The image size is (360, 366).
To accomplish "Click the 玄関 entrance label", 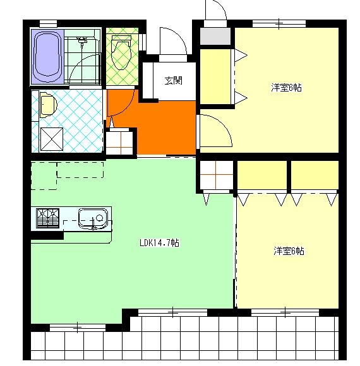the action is pyautogui.click(x=173, y=81).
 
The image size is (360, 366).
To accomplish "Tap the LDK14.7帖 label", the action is pyautogui.click(x=160, y=243).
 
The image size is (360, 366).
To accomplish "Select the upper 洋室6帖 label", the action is pyautogui.click(x=286, y=88).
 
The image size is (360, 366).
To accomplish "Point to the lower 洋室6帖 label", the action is pyautogui.click(x=289, y=251).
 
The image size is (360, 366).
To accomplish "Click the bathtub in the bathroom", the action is pyautogui.click(x=47, y=56).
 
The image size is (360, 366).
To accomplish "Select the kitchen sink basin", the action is pyautogui.click(x=93, y=219).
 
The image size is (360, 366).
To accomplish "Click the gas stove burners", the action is pyautogui.click(x=47, y=218).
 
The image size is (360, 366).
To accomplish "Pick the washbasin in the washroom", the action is pyautogui.click(x=49, y=105).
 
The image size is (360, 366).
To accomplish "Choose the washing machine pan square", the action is pyautogui.click(x=52, y=139).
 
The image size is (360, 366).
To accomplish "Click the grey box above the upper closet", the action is pyautogui.click(x=215, y=36).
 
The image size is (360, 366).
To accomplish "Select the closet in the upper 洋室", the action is pyautogui.click(x=215, y=76).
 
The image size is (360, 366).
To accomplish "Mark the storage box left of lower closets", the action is pyautogui.click(x=217, y=175).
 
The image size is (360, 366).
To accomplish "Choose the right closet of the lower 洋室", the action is pyautogui.click(x=315, y=175).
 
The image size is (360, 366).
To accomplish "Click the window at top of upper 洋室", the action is pyautogui.click(x=279, y=23).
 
